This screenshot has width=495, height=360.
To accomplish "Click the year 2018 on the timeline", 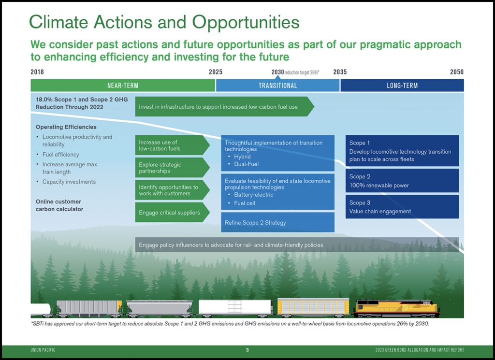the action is (37, 72).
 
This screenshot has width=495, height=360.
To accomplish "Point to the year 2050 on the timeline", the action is (457, 72).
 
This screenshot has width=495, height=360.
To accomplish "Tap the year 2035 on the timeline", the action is (340, 72).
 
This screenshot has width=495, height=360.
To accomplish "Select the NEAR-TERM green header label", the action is (123, 86).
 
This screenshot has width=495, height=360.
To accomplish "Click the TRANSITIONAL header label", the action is (278, 86).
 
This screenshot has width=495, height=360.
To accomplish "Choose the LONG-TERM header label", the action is (402, 86).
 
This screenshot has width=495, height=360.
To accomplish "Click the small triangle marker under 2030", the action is (277, 77).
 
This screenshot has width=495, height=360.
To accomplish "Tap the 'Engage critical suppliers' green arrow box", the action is (173, 212).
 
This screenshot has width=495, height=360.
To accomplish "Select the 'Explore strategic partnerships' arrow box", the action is (173, 168).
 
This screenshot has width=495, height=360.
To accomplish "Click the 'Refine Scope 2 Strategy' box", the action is (277, 222).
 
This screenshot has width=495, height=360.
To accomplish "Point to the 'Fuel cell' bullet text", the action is (244, 203).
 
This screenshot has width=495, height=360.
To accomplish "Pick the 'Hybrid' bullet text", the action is (242, 157).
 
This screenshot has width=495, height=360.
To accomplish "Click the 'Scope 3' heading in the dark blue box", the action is (360, 202).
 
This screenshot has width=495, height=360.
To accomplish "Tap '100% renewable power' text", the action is (379, 185).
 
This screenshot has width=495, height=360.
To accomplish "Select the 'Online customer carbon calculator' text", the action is (59, 205).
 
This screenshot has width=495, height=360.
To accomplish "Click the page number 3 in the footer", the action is (247, 349).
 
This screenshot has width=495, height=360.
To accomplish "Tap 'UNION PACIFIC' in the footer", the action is (43, 349).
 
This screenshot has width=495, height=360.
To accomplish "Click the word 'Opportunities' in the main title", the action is (246, 22).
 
